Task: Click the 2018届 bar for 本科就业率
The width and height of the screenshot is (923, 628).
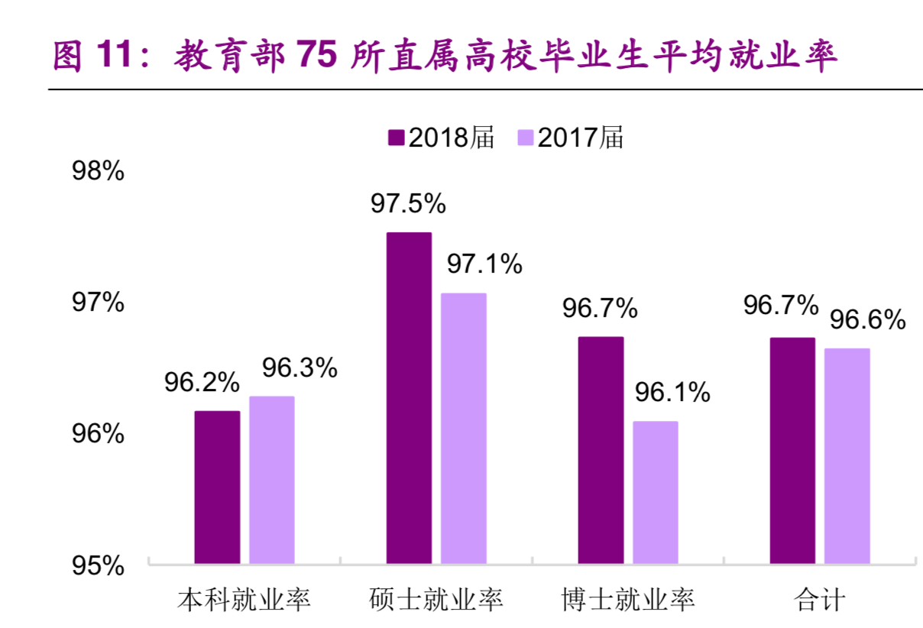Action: coord(217,487)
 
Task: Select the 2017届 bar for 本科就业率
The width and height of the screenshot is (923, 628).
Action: coord(271,480)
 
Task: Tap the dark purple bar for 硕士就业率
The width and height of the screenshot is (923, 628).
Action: coord(409,398)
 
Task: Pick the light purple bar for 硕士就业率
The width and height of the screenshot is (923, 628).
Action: coord(463,429)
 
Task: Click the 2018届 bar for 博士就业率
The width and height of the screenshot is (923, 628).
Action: coord(601,450)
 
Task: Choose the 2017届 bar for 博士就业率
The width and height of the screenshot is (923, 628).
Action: coord(655,493)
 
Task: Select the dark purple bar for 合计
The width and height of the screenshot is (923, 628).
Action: coord(792,451)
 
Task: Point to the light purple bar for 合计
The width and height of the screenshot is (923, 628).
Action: coord(847,456)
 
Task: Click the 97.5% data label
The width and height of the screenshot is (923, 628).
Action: coord(408,203)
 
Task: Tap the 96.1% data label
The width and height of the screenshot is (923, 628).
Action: coord(672,393)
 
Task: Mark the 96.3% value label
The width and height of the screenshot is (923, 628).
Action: coord(300,368)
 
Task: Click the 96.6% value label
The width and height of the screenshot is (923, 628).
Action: coord(867,319)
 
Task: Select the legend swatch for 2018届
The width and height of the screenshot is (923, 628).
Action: coord(396,138)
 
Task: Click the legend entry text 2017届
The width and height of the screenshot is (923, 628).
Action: coord(581,138)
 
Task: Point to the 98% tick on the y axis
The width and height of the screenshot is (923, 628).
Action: coord(98,171)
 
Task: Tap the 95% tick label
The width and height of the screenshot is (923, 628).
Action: coord(98,565)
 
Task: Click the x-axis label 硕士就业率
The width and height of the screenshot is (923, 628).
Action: coord(436,599)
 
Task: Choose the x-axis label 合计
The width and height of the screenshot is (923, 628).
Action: coord(820,599)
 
